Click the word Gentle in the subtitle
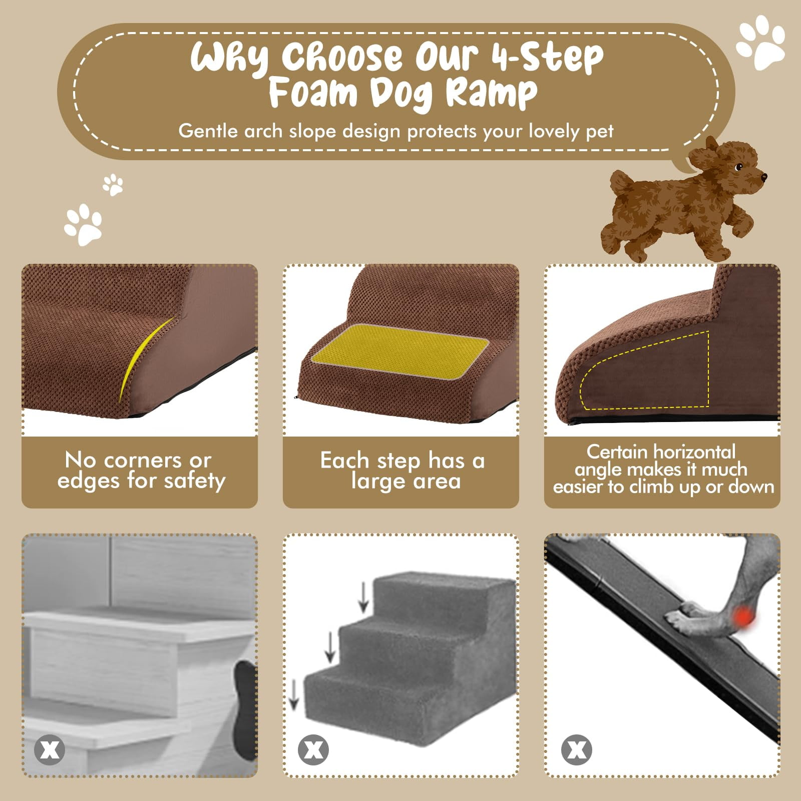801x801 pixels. coord(208,131)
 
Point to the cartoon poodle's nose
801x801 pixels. coord(763,177)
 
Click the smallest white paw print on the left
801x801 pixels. coord(113,185)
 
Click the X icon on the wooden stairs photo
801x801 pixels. coord(49,749)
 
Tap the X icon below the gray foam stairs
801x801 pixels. coord(313,749)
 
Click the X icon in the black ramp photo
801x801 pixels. coord(577,749)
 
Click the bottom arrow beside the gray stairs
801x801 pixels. coord(294,694)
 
